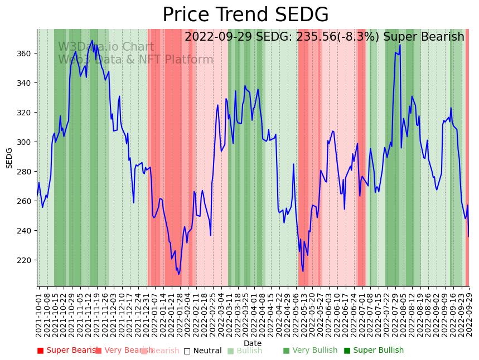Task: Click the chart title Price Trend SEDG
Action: click(245, 15)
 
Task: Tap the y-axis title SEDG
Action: click(9, 158)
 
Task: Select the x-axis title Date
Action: click(253, 343)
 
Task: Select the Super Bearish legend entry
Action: click(67, 351)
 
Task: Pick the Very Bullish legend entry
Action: click(310, 351)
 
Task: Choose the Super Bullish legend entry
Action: click(374, 351)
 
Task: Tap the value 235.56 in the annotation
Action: click(314, 37)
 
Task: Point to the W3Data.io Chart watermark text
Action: click(106, 47)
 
